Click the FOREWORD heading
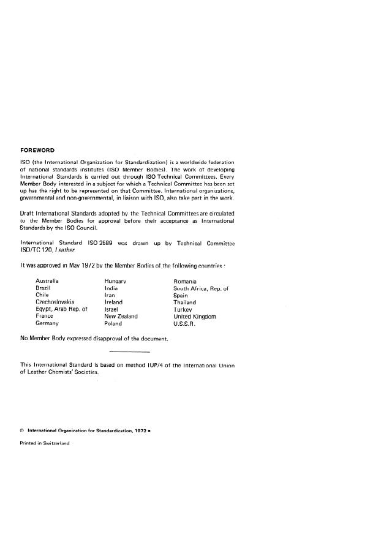coord(38,150)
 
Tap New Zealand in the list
coord(121,316)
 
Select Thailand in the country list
coord(185,302)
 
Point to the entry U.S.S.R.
coord(184,323)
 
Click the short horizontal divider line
coord(129,351)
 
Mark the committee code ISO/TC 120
coord(36,250)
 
